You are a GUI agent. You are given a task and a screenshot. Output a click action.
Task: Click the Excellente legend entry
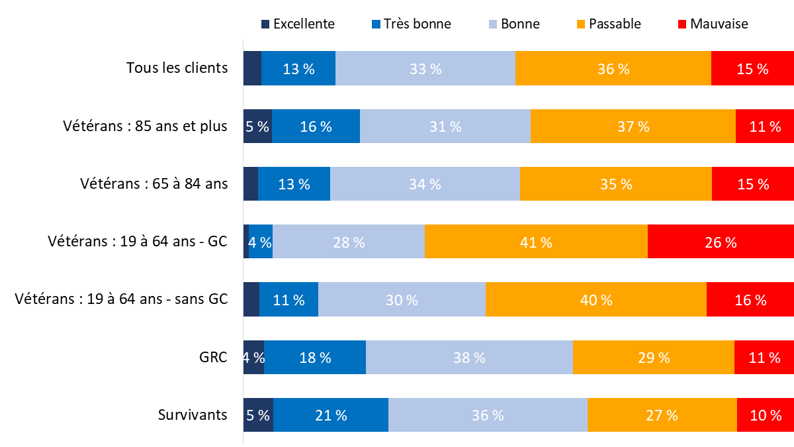298,24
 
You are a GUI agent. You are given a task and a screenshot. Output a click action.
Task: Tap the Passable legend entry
608,24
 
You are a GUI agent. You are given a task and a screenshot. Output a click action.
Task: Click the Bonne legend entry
513,24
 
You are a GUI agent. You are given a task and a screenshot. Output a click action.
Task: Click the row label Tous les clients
177,68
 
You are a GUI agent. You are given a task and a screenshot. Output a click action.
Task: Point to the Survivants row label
193,415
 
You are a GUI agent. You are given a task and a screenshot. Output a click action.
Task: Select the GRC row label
213,358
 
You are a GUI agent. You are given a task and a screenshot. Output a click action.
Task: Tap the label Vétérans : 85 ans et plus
146,126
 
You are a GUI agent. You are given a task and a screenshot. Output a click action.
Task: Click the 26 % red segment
721,242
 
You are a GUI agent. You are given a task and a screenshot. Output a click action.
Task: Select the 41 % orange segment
536,242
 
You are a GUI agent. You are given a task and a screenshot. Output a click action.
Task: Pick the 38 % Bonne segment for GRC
469,358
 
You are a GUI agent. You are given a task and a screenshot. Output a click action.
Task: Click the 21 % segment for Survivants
331,415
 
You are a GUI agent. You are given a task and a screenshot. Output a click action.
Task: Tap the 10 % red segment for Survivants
766,415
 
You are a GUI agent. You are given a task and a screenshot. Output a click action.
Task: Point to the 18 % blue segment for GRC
315,358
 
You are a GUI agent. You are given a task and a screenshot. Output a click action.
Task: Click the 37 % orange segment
633,126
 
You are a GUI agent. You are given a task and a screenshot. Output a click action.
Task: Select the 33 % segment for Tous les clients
425,68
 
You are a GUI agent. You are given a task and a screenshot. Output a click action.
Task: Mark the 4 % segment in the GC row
261,242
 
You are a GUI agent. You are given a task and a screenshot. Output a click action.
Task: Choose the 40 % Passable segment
596,299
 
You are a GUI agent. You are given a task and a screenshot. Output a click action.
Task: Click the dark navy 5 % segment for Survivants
258,415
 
